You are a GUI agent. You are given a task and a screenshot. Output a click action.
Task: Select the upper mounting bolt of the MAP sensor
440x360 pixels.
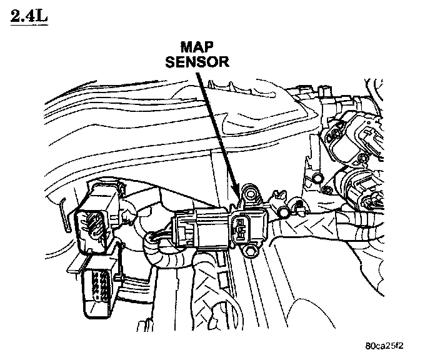pos(251,192)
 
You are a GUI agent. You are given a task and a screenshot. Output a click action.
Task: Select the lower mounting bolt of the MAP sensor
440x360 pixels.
pos(252,251)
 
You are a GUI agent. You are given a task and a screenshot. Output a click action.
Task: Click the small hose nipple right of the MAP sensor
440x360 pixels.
pos(285,212)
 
